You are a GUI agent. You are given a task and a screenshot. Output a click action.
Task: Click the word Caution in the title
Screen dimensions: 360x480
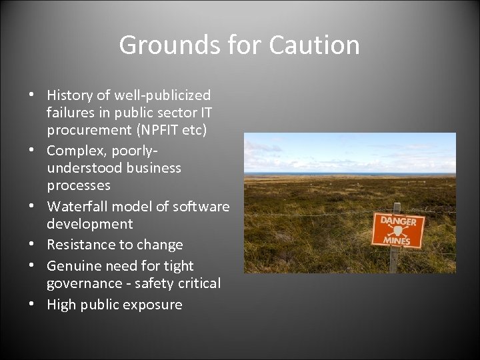click(x=315, y=45)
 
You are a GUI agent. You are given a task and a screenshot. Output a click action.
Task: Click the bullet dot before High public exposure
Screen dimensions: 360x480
click(x=32, y=305)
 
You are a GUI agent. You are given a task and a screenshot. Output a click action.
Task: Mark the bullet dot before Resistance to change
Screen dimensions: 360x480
click(x=32, y=245)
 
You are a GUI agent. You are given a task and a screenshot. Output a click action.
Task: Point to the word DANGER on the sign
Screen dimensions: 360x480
click(x=397, y=222)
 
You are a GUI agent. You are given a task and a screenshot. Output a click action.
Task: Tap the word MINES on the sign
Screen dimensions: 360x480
click(x=398, y=241)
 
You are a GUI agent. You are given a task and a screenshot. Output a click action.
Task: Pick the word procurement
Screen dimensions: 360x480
click(x=89, y=129)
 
